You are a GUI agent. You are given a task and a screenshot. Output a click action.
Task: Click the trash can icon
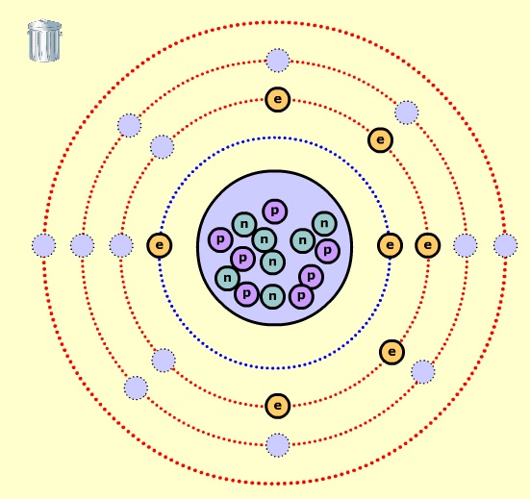click(x=44, y=40)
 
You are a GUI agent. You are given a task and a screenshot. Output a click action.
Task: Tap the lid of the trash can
click(x=44, y=26)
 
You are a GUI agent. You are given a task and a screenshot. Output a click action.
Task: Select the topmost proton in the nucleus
click(x=275, y=212)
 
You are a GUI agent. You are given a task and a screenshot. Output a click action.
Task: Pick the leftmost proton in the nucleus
click(x=220, y=239)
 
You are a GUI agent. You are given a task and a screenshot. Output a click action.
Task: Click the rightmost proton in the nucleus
click(x=327, y=251)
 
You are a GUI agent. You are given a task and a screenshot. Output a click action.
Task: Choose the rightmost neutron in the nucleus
click(x=324, y=223)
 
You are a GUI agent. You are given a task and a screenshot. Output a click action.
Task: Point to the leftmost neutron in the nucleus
click(x=227, y=278)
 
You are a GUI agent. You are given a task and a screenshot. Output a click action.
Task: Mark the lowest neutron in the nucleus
click(x=272, y=296)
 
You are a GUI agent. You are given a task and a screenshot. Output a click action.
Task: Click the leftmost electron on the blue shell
click(x=160, y=245)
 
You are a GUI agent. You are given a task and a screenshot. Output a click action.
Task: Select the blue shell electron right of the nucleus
click(x=390, y=245)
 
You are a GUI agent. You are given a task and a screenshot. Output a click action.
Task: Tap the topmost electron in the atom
click(x=278, y=99)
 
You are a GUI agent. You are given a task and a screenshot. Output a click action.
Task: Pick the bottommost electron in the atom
click(x=278, y=406)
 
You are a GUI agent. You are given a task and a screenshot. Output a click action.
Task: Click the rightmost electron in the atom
click(x=428, y=245)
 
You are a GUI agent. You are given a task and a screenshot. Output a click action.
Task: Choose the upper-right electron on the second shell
click(x=380, y=139)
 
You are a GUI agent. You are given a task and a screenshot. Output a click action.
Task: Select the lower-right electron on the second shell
click(x=391, y=352)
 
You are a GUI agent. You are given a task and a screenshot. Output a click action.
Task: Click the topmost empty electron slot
click(x=278, y=61)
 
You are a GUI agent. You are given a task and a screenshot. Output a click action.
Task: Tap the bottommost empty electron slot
click(x=278, y=445)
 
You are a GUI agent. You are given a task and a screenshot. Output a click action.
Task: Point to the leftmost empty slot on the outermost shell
click(x=44, y=245)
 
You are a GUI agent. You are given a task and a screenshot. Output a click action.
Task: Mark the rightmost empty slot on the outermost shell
click(x=505, y=245)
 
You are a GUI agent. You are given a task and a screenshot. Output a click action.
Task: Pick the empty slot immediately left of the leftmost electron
click(x=121, y=245)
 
